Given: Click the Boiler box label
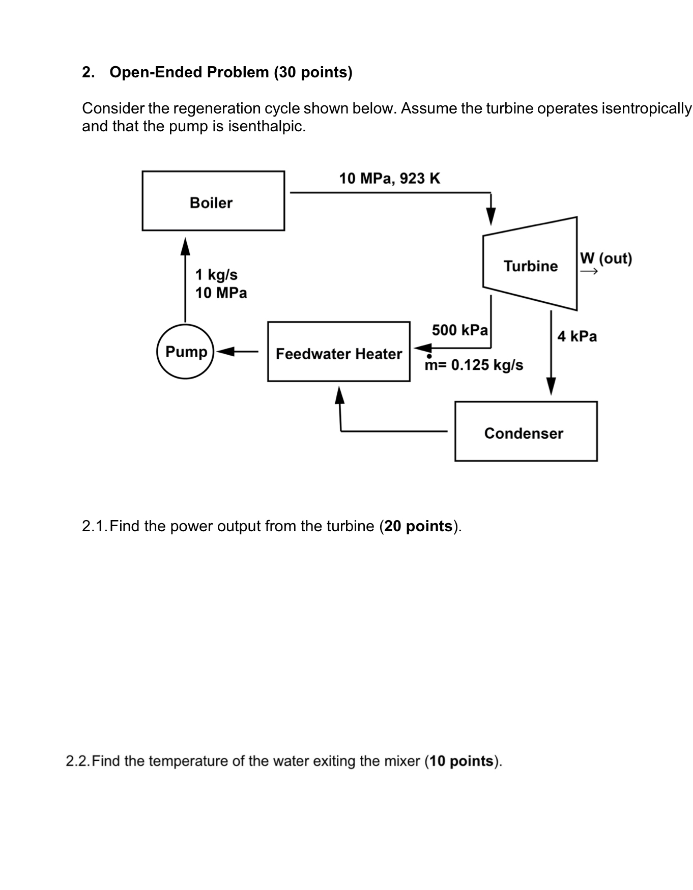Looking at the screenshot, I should (x=211, y=203).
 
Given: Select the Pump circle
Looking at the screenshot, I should (x=186, y=352).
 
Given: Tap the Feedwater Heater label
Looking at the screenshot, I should (x=338, y=354).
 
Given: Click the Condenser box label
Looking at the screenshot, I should (x=524, y=434).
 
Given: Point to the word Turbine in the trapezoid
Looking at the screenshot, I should (x=530, y=266).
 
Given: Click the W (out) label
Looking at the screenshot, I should (x=605, y=259).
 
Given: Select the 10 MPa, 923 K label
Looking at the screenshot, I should (x=389, y=179).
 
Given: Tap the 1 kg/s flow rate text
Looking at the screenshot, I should (x=216, y=275).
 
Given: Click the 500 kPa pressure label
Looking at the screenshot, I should (x=459, y=330).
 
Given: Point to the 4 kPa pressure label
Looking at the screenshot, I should (x=577, y=336).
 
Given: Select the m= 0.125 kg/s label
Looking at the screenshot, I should (x=474, y=365).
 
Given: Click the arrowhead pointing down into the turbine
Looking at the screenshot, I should (x=490, y=216).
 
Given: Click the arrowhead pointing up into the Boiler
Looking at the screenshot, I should (x=186, y=246).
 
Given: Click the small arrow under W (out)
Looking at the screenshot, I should (x=589, y=272).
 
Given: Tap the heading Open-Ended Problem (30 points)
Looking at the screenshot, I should (x=231, y=72).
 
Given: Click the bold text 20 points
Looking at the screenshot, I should (x=418, y=526).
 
